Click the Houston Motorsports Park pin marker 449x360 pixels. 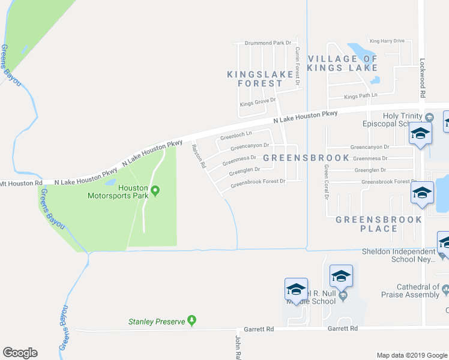tap(155, 191)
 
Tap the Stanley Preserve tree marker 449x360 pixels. tap(191, 320)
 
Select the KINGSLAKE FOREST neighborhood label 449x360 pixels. tap(260, 79)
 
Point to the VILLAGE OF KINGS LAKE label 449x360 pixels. tap(343, 63)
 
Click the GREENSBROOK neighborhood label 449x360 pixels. tap(306, 158)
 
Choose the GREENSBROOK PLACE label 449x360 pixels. tap(379, 224)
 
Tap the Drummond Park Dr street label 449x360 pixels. tap(268, 43)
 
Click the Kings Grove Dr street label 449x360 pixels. tap(258, 102)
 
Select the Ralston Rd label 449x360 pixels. tap(199, 155)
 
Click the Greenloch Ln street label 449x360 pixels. tap(236, 136)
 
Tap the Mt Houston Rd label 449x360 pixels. tap(22, 182)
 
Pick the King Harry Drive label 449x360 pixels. tap(387, 41)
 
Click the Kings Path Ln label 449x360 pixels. tap(361, 96)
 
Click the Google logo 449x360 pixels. tap(20, 353)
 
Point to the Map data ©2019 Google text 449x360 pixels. tap(411, 355)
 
